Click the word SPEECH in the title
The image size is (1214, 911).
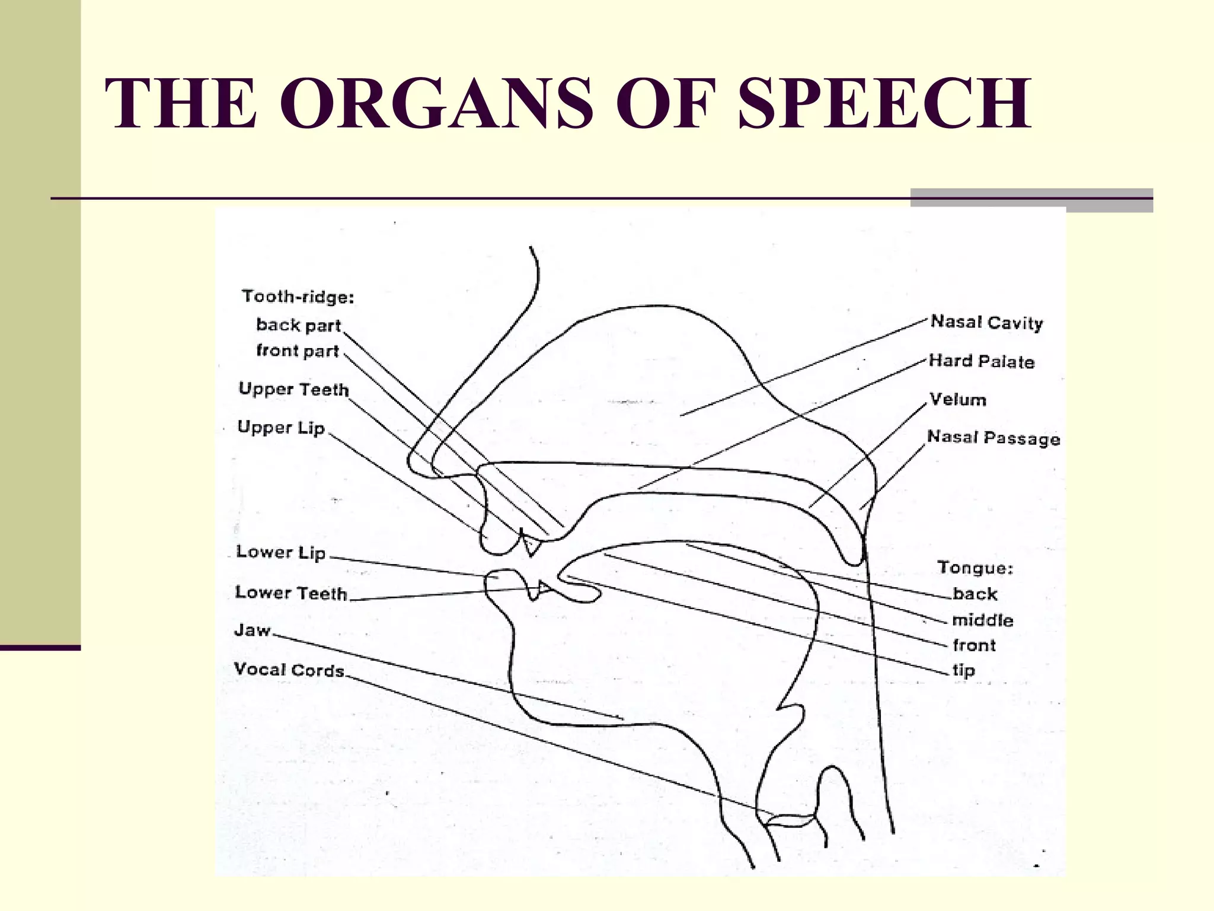tap(884, 103)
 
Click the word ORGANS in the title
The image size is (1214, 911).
tap(436, 103)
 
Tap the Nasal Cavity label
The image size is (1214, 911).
tap(986, 322)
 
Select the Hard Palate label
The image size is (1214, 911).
tap(981, 361)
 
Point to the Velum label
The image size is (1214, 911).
tap(957, 399)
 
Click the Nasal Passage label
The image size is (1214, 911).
tap(993, 438)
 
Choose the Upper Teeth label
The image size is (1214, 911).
tap(293, 389)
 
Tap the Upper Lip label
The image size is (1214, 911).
tap(281, 428)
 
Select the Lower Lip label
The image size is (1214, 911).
tap(281, 552)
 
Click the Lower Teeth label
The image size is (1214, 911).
tap(290, 593)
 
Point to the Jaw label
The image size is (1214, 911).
tap(253, 630)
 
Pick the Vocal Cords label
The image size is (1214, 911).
tap(289, 670)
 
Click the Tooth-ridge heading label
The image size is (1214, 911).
tap(298, 296)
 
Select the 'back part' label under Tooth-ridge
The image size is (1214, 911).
tap(298, 325)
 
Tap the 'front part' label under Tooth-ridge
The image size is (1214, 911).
tap(297, 351)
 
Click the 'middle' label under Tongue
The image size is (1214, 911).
tap(982, 620)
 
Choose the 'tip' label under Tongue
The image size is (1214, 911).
tap(963, 670)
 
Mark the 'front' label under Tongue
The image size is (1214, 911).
tap(974, 645)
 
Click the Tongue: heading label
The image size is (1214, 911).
tap(975, 568)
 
